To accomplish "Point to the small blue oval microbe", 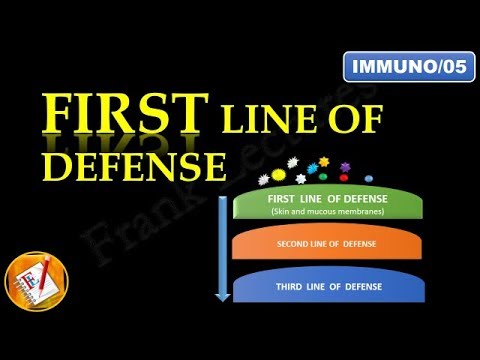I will pos(369,176).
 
